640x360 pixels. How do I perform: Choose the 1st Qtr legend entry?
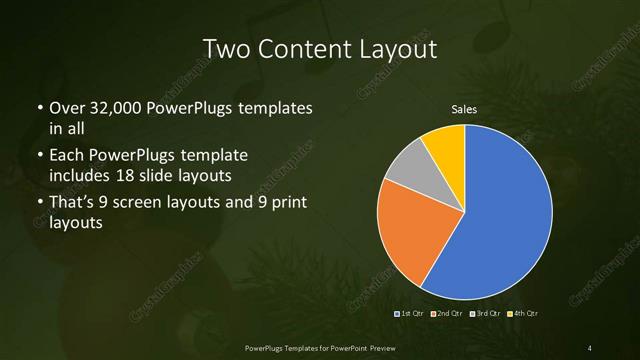coord(411,314)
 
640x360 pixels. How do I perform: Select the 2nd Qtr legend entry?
coord(449,314)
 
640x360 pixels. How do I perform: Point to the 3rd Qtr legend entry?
coord(486,314)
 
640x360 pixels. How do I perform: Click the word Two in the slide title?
coord(226,49)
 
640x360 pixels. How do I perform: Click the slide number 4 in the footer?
coord(590,347)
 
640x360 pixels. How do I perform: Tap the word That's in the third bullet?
coord(73,204)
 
